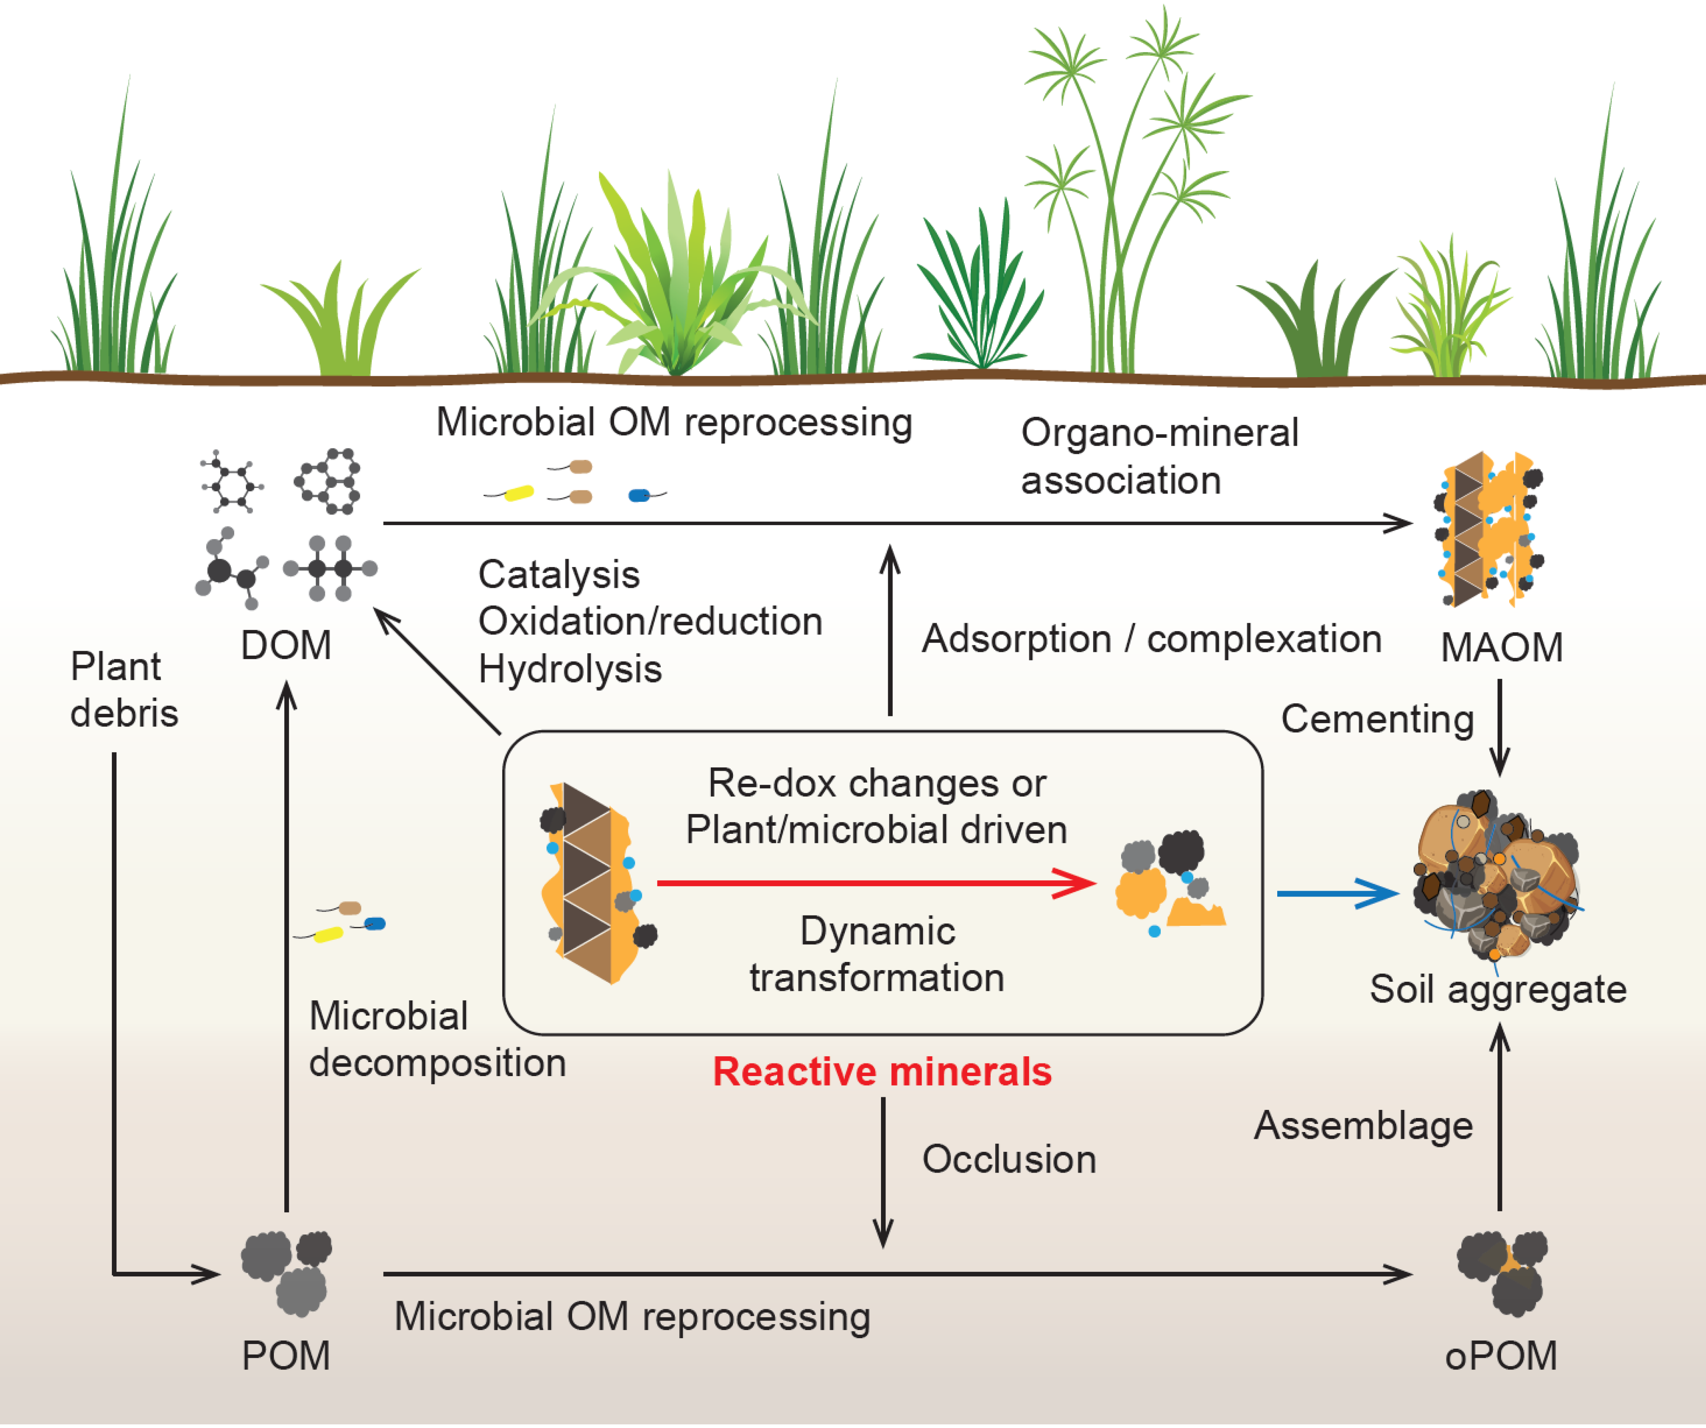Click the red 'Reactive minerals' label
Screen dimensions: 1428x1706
[x=882, y=1072]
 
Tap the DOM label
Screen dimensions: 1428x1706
[x=286, y=646]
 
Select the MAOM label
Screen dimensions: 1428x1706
[x=1501, y=648]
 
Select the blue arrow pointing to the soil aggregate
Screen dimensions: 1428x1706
[x=1336, y=893]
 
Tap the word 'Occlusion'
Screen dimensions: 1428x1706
[x=1009, y=1159]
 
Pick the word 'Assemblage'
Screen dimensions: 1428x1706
[x=1363, y=1126]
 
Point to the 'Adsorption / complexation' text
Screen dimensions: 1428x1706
[x=1151, y=639]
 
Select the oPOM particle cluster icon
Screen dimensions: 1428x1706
[x=1501, y=1272]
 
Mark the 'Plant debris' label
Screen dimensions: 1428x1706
[x=124, y=690]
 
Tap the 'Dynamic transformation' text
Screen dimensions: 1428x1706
[x=877, y=954]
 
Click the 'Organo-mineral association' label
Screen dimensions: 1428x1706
[x=1159, y=457]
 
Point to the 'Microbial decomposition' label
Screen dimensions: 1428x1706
[x=437, y=1040]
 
